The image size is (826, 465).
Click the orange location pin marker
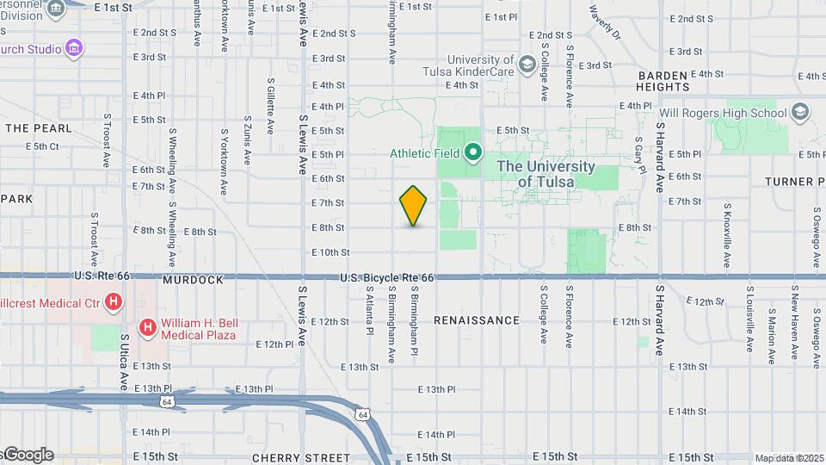pos(414,206)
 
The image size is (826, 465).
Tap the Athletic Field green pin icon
pos(472,154)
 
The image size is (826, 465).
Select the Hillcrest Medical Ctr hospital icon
pos(114,301)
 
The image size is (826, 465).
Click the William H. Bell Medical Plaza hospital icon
pos(148,327)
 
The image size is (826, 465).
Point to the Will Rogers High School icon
pos(801,113)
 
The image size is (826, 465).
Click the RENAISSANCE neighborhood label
pos(477,320)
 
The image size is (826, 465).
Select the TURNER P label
pos(796,182)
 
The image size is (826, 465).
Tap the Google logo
pos(28,455)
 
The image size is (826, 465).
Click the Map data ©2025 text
pos(787,458)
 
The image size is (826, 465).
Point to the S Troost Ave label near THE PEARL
pos(107,139)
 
